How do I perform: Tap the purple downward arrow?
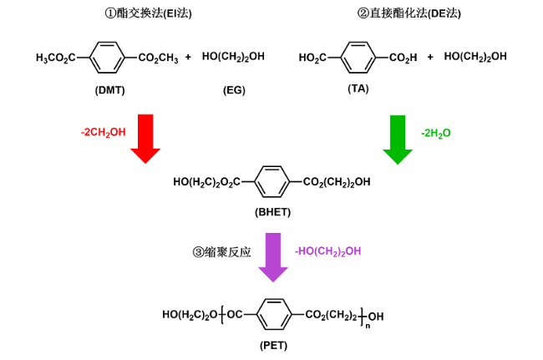272,256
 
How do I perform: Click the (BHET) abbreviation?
272,212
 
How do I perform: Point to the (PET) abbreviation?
272,345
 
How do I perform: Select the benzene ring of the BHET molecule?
272,180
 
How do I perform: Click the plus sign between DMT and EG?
188,58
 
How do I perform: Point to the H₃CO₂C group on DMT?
55,58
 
